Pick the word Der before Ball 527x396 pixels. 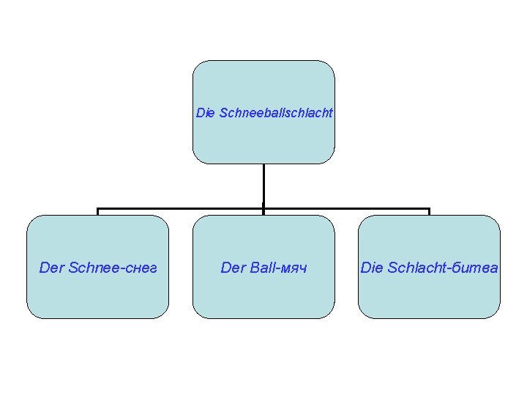233,268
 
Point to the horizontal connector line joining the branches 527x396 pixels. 183,208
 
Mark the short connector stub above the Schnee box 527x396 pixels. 97,212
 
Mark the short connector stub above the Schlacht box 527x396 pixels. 429,212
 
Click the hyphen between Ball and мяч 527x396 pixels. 278,268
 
